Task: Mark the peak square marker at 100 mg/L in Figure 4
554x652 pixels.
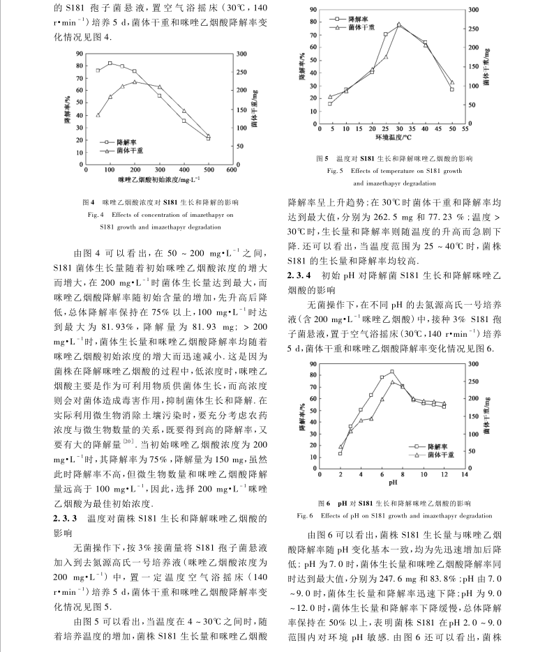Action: click(x=110, y=63)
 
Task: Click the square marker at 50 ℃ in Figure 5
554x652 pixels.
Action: click(x=452, y=89)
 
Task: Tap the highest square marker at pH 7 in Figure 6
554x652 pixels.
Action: click(x=392, y=372)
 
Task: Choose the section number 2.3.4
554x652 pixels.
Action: click(x=302, y=275)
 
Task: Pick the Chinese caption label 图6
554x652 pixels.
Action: click(x=322, y=502)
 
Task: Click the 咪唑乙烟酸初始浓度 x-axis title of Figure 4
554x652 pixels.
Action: click(x=158, y=180)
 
